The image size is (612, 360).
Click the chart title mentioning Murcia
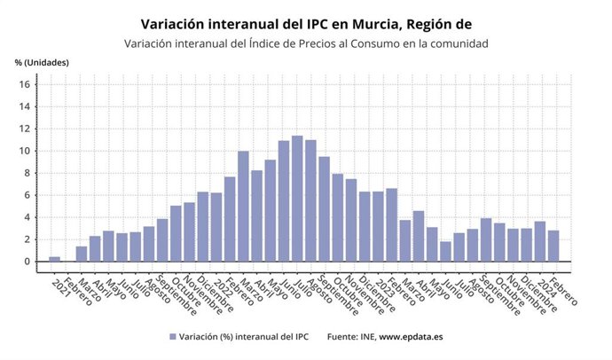306,23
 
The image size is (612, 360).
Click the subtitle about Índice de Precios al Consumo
306,43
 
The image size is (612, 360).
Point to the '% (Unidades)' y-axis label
42,62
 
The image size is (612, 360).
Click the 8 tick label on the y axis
27,173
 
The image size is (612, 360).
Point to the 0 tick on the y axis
27,262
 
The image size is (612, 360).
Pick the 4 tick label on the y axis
27,217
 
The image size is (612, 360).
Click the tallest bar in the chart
297,199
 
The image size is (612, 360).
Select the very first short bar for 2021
54,259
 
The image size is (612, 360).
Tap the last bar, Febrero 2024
553,246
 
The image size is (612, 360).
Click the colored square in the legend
171,337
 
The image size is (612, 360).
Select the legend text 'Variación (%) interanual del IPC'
245,337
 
